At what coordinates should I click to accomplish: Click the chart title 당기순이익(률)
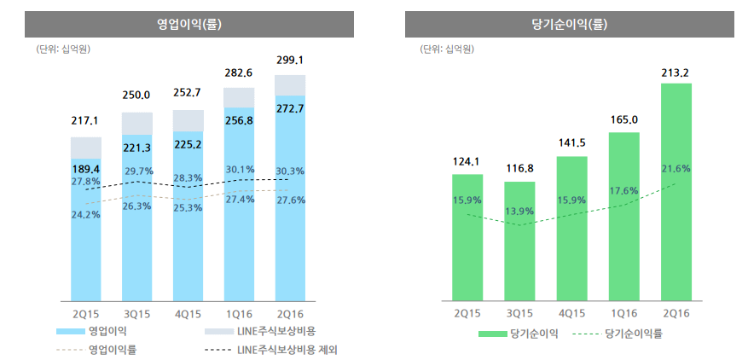click(569, 24)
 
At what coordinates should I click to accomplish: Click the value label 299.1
click(290, 61)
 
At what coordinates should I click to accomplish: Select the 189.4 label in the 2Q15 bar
click(86, 169)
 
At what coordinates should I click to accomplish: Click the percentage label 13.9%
click(519, 210)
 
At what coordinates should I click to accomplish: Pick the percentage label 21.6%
click(676, 169)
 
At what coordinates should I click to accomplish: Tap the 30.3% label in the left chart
click(290, 171)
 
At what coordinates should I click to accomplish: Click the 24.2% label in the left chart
click(86, 214)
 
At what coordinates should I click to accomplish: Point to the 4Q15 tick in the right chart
click(571, 314)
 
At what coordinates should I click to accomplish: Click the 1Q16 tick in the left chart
click(239, 314)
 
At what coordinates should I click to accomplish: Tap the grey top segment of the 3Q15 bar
click(137, 123)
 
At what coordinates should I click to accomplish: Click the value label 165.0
click(623, 120)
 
